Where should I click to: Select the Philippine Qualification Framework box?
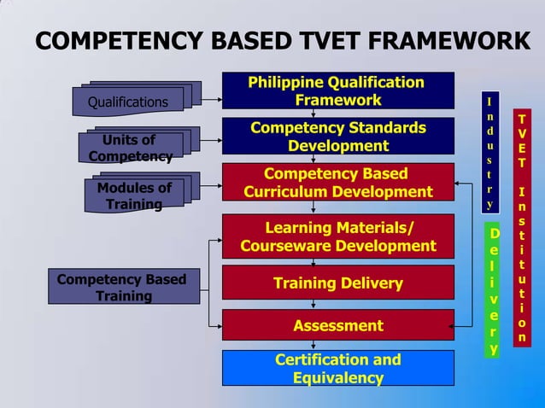337,91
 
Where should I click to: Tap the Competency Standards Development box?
337,137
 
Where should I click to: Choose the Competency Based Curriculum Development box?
337,183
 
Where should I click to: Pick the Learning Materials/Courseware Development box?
337,236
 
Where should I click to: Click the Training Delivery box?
337,283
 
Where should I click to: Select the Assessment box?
337,325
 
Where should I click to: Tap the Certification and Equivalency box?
337,368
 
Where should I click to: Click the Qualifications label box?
128,102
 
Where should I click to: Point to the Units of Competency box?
128,148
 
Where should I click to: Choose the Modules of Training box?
134,195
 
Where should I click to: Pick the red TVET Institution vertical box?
522,226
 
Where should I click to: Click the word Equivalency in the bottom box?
337,377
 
